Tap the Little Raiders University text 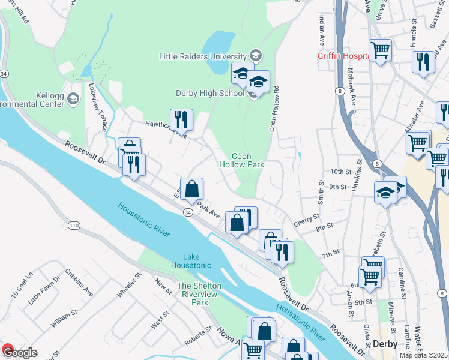pyautogui.click(x=203, y=56)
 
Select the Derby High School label pyautogui.click(x=209, y=93)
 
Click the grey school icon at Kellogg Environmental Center pyautogui.click(x=73, y=98)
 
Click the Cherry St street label pyautogui.click(x=306, y=222)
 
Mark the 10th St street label pyautogui.click(x=339, y=172)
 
